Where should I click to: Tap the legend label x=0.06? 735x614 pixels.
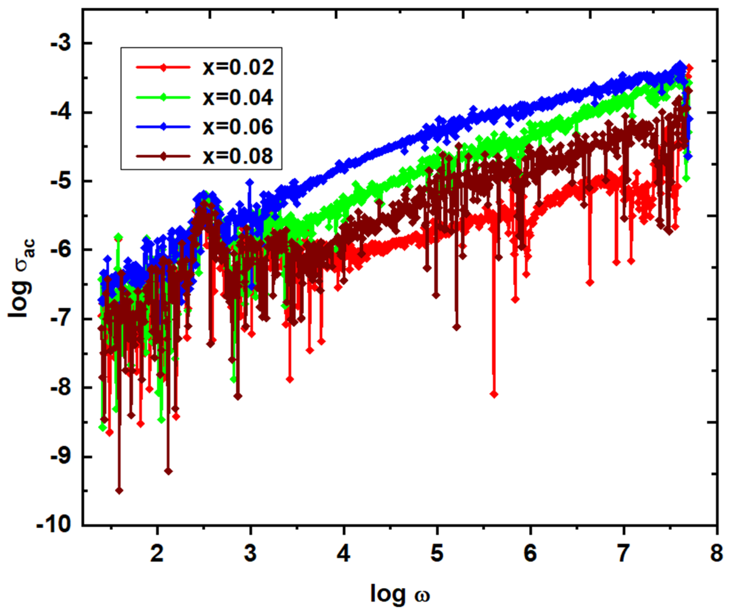click(238, 127)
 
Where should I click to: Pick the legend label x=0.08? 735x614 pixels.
click(238, 156)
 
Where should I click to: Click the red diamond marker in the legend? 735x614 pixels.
click(163, 67)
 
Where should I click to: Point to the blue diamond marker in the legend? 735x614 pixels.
click(163, 127)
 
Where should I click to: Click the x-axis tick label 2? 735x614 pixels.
click(157, 554)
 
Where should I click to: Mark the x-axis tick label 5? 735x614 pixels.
click(437, 554)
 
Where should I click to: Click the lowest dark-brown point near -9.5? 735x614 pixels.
click(119, 491)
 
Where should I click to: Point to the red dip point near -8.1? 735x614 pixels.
click(494, 394)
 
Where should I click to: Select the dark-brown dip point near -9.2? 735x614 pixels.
click(168, 471)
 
